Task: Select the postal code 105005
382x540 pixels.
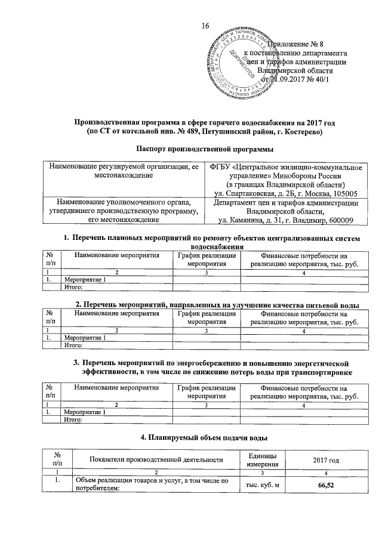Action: (343, 193)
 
